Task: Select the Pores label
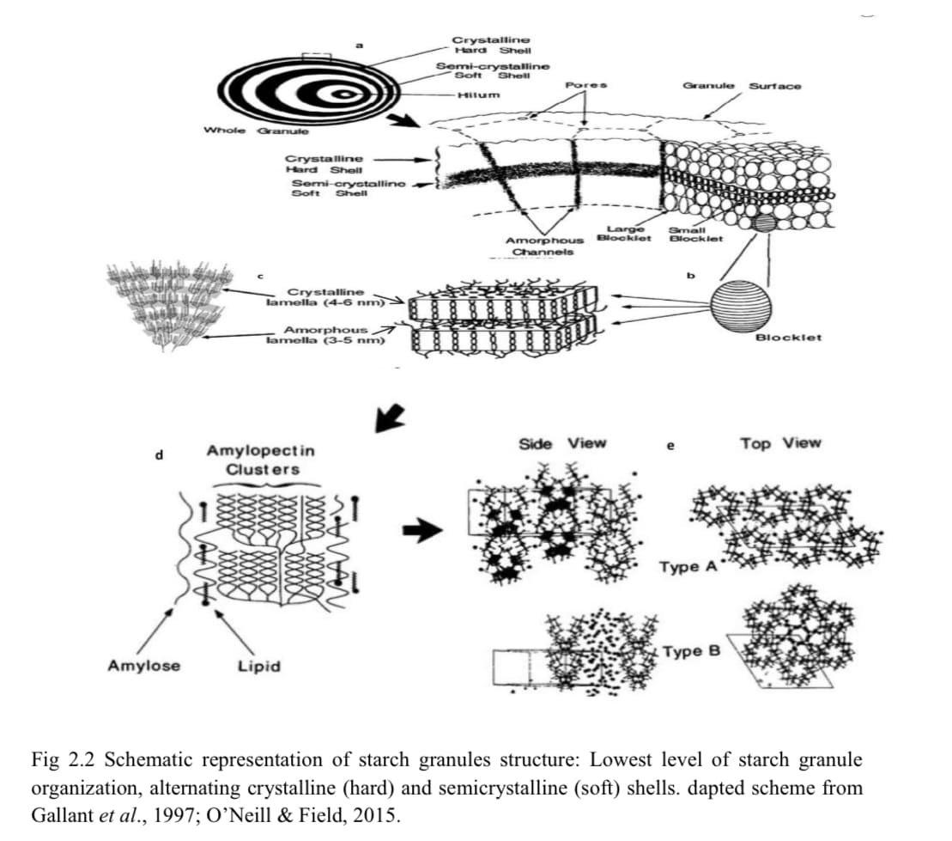[x=587, y=85]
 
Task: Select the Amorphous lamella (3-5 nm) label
[x=325, y=334]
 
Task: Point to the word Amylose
[x=144, y=665]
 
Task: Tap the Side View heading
[x=562, y=443]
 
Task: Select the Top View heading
[x=780, y=443]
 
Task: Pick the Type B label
[x=691, y=651]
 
